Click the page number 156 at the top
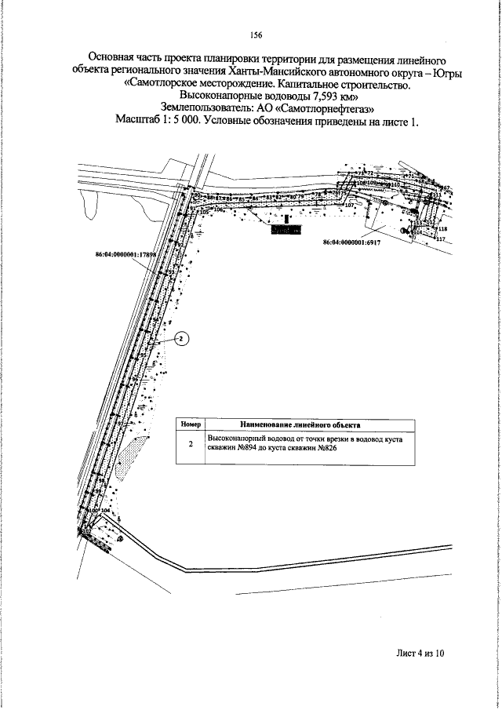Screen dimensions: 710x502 point(256,35)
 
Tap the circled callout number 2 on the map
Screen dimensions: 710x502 point(180,339)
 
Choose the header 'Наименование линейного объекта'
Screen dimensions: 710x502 point(307,424)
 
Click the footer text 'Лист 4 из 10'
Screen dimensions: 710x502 point(420,651)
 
